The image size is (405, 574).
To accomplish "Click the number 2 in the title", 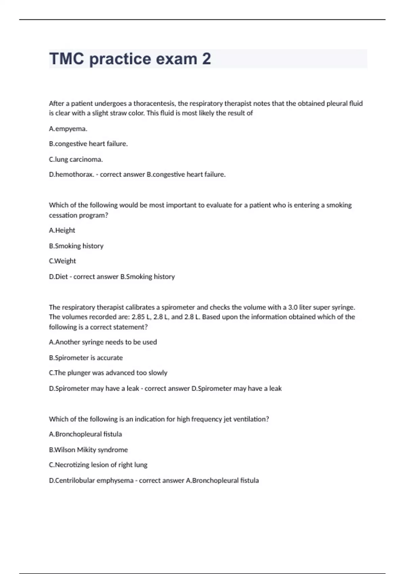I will [207, 59].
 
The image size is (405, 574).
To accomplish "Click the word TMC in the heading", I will [66, 59].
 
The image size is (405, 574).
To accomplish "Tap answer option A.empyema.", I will [68, 129].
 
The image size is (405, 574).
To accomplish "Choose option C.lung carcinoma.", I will [76, 159].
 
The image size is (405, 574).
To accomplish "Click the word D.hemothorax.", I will [72, 175].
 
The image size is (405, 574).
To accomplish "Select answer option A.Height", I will [62, 230].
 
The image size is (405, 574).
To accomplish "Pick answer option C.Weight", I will [62, 261].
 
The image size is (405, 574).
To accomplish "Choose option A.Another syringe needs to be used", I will [103, 342].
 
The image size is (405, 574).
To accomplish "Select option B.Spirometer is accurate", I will [86, 358].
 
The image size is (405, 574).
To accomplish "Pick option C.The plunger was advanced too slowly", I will [108, 373].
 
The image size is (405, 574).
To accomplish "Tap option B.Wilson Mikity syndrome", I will [88, 450].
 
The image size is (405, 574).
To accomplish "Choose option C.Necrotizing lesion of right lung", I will [98, 465].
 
